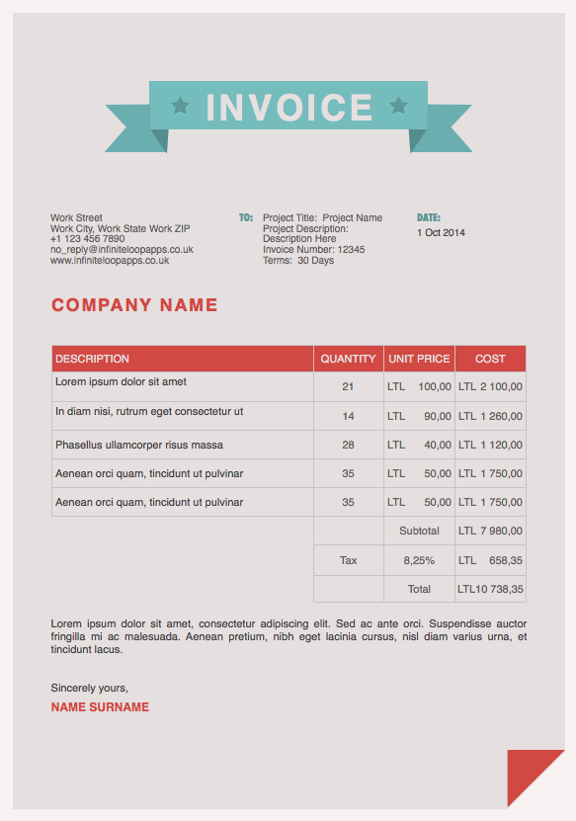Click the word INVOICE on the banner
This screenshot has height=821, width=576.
pos(288,107)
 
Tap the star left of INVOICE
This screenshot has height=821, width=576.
pos(180,104)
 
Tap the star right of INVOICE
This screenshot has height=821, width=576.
pos(398,104)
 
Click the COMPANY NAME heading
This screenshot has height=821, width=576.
pos(134,305)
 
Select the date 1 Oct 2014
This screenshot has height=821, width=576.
pos(441,233)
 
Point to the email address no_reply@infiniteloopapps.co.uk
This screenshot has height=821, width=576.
pos(122,250)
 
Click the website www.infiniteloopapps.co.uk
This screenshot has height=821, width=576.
pos(110,261)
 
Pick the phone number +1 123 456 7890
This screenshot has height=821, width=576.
pos(88,239)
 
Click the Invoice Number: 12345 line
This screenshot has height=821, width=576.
pos(313,250)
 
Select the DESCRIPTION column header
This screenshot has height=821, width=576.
pos(92,359)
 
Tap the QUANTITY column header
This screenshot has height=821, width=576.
pos(348,359)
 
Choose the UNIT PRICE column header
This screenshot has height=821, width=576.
pos(419,359)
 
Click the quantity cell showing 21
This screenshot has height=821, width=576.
pos(348,386)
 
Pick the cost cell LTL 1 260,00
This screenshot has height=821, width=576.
pos(490,416)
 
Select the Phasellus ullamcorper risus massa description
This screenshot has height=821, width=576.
pos(139,445)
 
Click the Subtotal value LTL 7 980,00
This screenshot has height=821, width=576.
pos(490,531)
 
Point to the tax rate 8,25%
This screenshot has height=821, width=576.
pos(419,560)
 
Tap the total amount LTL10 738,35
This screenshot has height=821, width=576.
pos(490,589)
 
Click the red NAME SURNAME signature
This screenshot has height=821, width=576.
pos(100,707)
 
